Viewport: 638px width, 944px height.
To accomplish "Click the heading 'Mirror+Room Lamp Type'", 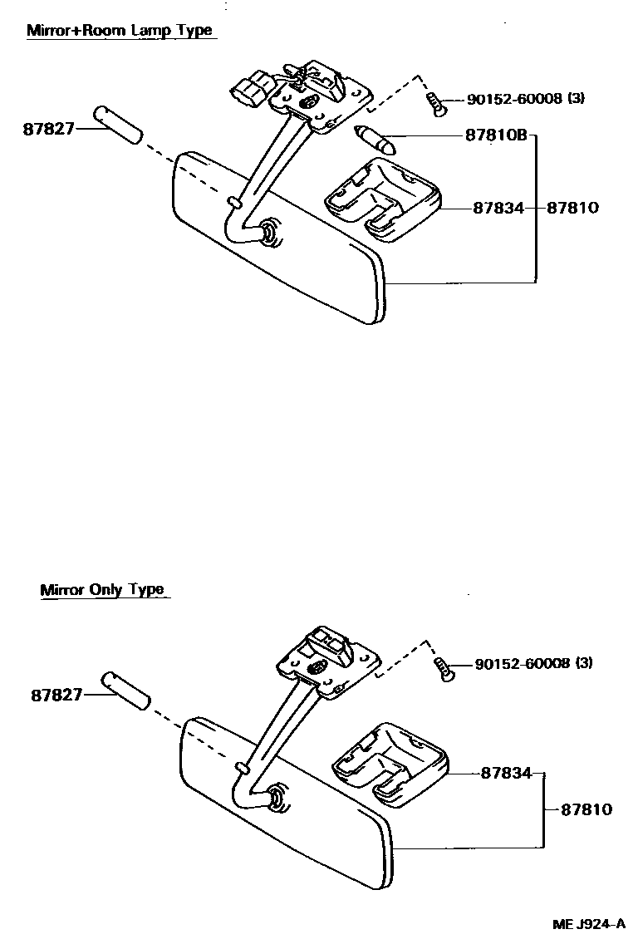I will click(120, 31).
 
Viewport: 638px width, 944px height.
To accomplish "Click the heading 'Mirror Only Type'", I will click(102, 590).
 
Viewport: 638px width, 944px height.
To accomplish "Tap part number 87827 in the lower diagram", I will click(57, 694).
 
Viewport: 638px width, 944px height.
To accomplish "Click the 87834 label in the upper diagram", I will click(498, 208).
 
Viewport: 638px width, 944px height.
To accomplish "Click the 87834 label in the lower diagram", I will click(505, 773).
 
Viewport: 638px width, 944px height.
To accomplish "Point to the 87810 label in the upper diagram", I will click(572, 208).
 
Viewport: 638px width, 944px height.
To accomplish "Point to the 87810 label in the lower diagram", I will click(586, 809).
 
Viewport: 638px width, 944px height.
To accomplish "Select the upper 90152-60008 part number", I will click(514, 99).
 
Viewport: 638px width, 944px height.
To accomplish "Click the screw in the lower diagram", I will click(444, 667).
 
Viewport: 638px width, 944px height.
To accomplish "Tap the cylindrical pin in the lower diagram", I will click(127, 689).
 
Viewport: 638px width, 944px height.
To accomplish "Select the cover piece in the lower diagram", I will click(388, 764).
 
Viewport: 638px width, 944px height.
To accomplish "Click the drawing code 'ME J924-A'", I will click(589, 924).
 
